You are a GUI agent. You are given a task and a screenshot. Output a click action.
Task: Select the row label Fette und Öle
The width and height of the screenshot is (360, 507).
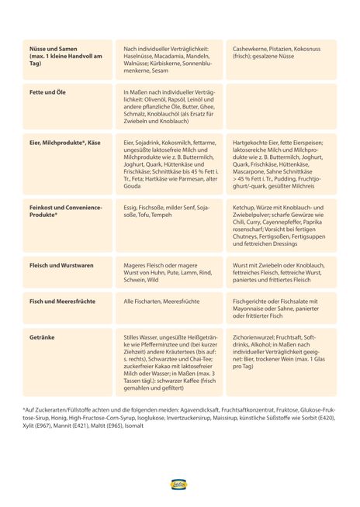point(47,91)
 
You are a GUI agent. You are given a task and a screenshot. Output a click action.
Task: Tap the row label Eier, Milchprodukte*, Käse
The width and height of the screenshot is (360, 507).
point(65,143)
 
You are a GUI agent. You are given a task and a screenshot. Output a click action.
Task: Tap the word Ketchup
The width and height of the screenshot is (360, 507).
point(246,208)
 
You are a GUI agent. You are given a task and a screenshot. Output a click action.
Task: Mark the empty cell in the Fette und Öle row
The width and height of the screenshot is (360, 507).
point(281,105)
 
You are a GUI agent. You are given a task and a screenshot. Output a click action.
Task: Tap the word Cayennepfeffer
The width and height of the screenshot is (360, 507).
point(285,222)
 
